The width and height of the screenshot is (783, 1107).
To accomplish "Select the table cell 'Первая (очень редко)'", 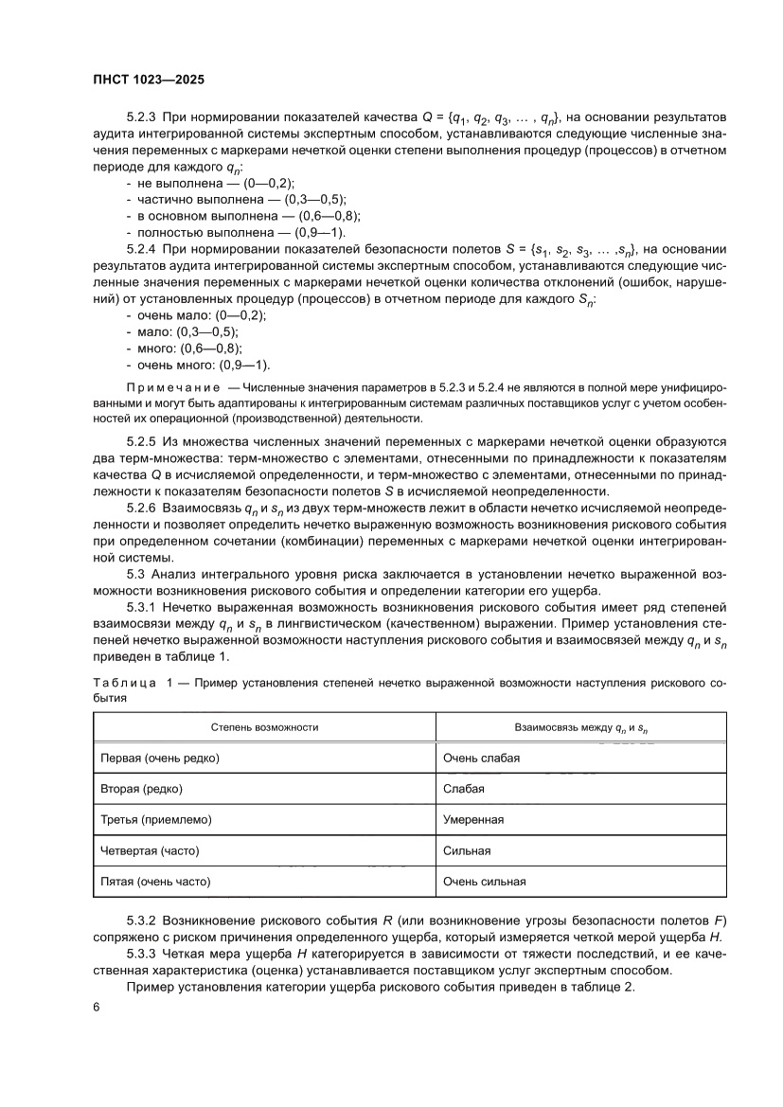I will coord(159,758).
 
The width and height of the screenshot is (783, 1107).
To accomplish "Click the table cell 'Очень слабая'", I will coord(481,758).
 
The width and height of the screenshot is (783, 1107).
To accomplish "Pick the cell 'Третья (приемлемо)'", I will coord(155,819).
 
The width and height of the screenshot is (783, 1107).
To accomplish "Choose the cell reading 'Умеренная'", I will coord(472,819).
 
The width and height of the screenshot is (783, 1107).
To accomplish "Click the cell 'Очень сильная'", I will coord(484,882).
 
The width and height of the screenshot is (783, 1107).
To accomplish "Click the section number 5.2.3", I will coord(141,117).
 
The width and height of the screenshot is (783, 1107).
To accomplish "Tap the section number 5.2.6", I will coord(141,509).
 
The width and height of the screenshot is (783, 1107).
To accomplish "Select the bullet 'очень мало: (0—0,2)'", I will coord(201,315).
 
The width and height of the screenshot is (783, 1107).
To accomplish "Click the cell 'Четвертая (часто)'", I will coord(150,850).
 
